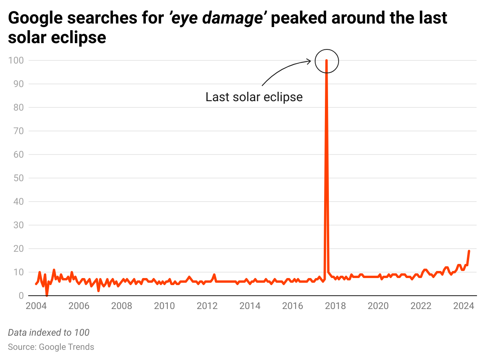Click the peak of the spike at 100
click(326, 61)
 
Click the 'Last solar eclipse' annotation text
click(254, 97)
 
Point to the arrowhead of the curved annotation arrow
click(309, 61)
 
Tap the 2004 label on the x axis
click(36, 306)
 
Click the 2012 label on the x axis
click(207, 306)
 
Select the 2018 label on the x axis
click(335, 306)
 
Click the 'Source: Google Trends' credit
click(51, 347)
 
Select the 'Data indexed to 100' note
click(49, 333)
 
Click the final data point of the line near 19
click(469, 251)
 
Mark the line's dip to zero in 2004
click(47, 295)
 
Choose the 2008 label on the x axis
click(121, 306)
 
